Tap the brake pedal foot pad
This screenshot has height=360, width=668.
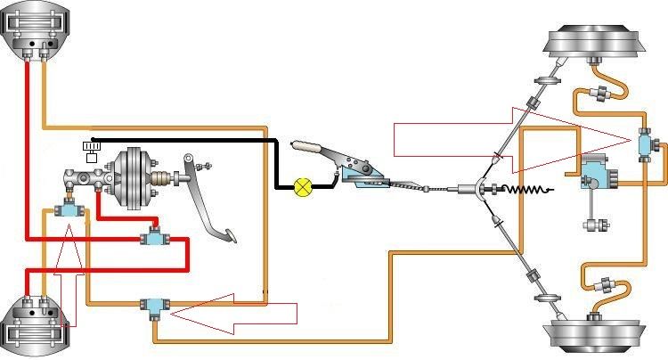228,236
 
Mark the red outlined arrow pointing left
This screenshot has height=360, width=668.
236,314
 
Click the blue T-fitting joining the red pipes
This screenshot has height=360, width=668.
153,238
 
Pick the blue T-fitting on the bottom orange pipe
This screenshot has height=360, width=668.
154,306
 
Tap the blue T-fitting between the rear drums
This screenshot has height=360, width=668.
646,142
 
